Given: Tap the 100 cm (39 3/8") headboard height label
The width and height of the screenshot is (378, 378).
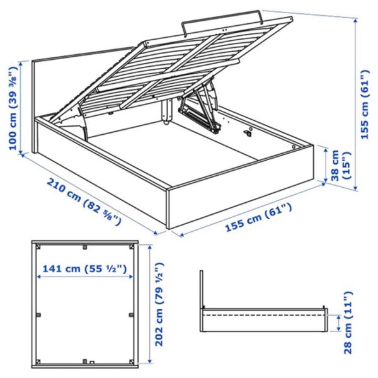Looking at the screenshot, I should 13,107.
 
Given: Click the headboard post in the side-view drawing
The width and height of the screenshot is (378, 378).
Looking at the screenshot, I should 202,290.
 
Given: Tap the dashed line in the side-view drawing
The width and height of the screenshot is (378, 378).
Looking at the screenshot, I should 265,313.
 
